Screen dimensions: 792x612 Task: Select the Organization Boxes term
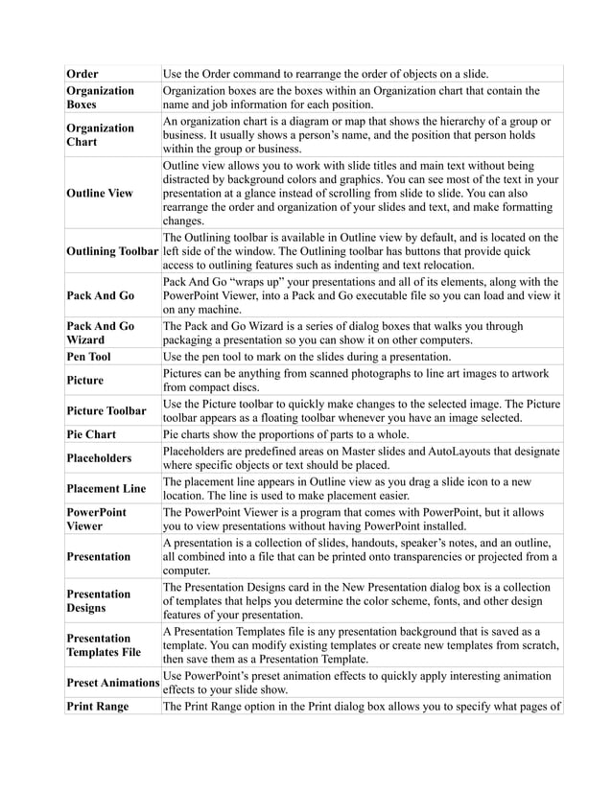99,97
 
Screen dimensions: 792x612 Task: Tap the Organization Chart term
99,135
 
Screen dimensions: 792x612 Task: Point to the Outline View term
100,193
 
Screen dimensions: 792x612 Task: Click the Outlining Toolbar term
112,251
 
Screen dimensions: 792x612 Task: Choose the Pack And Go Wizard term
99,334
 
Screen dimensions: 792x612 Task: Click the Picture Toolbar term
106,411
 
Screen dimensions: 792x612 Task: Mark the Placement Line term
106,488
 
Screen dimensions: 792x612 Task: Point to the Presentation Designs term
99,601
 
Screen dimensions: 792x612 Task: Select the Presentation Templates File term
104,645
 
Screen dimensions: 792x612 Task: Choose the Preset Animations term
112,683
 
